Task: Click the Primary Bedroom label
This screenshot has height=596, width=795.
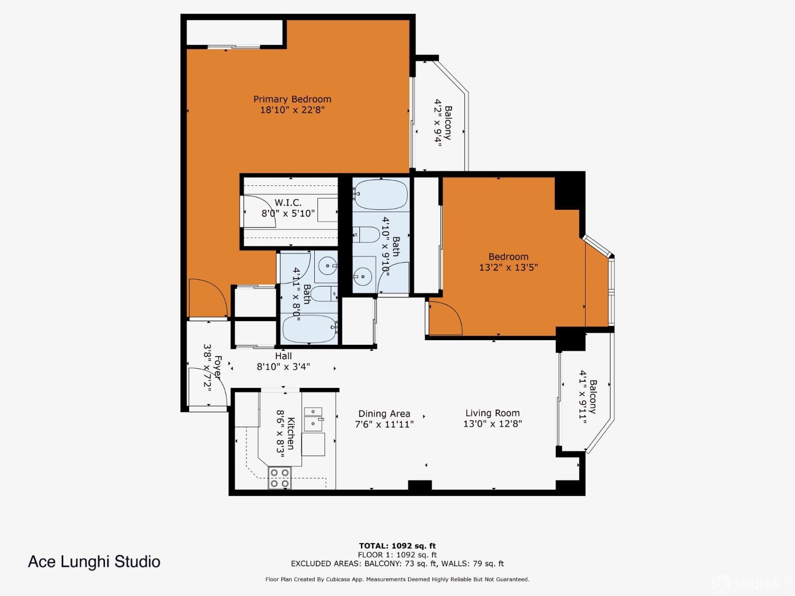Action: coord(292,99)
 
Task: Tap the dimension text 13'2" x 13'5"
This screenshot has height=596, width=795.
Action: coord(508,268)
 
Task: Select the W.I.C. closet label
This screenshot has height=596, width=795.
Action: coord(288,202)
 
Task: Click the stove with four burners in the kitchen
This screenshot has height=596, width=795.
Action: coord(279,477)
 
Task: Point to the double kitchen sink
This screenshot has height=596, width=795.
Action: coord(313,417)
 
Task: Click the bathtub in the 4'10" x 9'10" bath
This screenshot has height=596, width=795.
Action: coord(381,194)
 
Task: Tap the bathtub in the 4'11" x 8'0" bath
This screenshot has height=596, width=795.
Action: coord(309,329)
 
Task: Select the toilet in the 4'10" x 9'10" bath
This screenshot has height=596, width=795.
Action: coord(366,234)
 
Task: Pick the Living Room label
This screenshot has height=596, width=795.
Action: coord(492,413)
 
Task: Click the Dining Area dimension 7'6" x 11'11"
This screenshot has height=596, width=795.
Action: coord(384,424)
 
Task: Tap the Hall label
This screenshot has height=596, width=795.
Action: coord(283,356)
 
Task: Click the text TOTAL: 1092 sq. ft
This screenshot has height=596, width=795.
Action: coord(397,546)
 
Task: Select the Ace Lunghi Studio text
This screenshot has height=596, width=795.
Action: coord(94,562)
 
